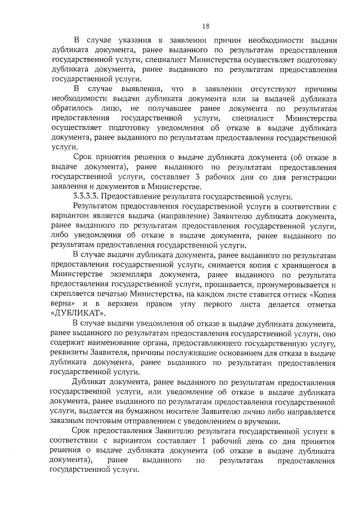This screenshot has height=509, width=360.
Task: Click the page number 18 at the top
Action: coord(205,25)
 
